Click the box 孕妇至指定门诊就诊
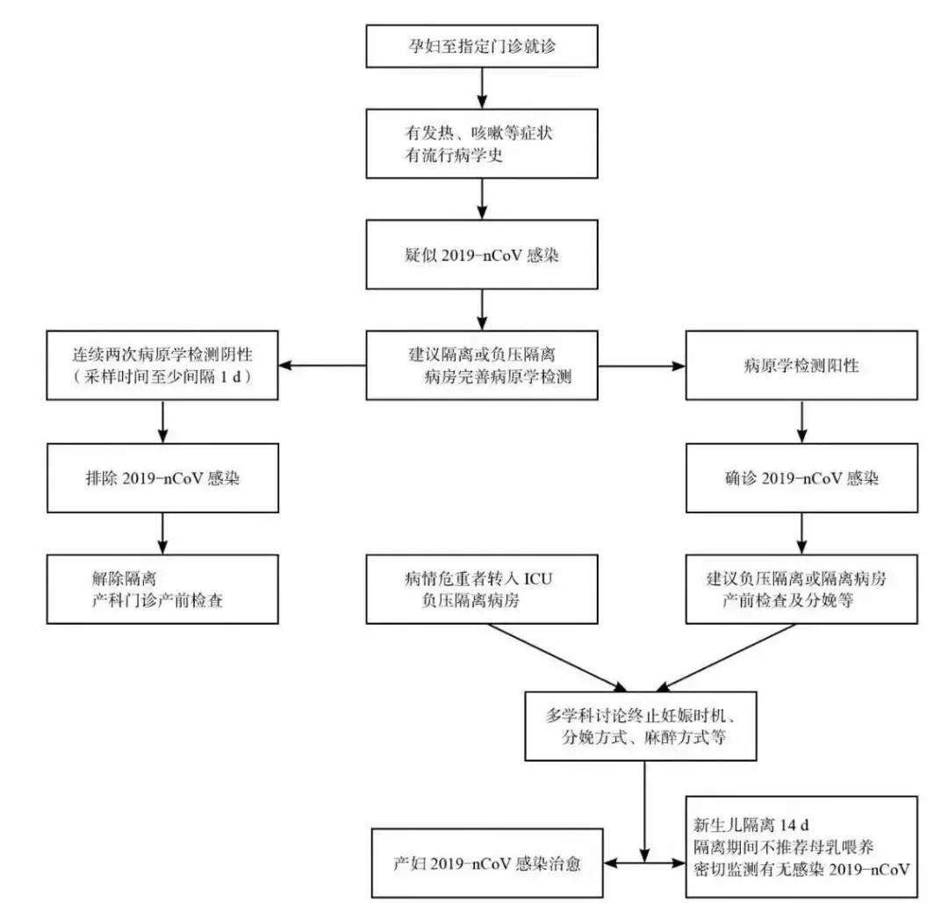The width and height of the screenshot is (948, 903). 482,47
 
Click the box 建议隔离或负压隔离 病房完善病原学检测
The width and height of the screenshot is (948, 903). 482,365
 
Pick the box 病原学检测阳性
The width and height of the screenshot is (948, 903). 801,365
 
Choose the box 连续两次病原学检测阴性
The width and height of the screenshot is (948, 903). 162,365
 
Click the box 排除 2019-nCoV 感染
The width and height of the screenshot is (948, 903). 162,480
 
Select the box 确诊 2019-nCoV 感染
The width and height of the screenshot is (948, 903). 801,480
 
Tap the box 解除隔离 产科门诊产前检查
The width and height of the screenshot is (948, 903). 162,589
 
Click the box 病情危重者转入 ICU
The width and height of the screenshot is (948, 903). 482,589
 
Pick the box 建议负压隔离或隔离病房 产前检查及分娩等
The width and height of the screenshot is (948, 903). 801,589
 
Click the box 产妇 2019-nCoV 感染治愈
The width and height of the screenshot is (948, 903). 487,863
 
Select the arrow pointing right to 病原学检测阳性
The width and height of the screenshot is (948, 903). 641,365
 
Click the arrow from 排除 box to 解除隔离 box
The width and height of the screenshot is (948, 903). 162,532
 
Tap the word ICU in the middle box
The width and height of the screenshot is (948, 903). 539,579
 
